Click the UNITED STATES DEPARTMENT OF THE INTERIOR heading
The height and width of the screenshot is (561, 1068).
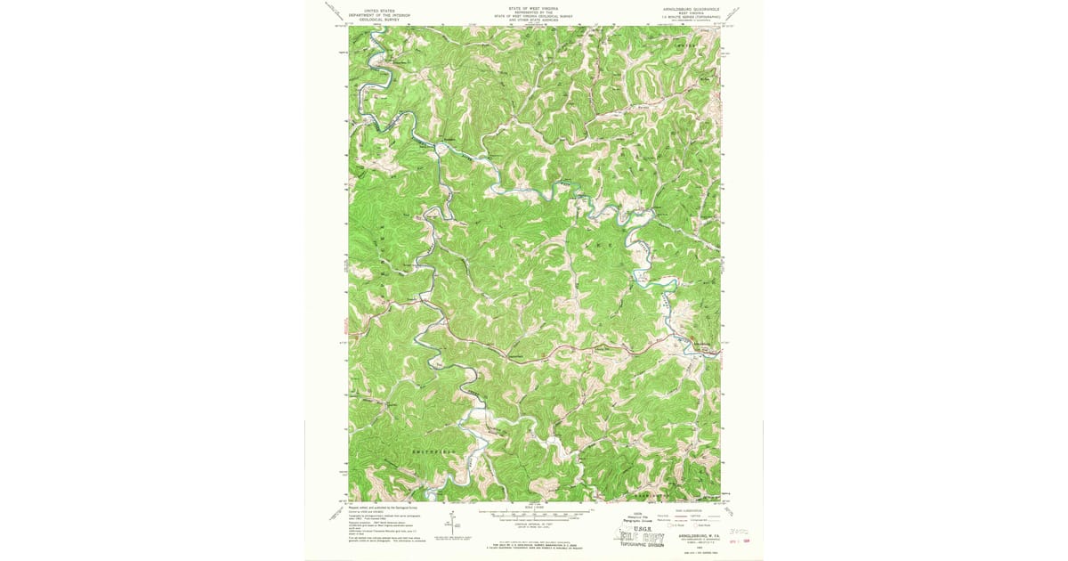point(375,12)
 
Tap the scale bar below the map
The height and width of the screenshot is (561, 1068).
point(534,514)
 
